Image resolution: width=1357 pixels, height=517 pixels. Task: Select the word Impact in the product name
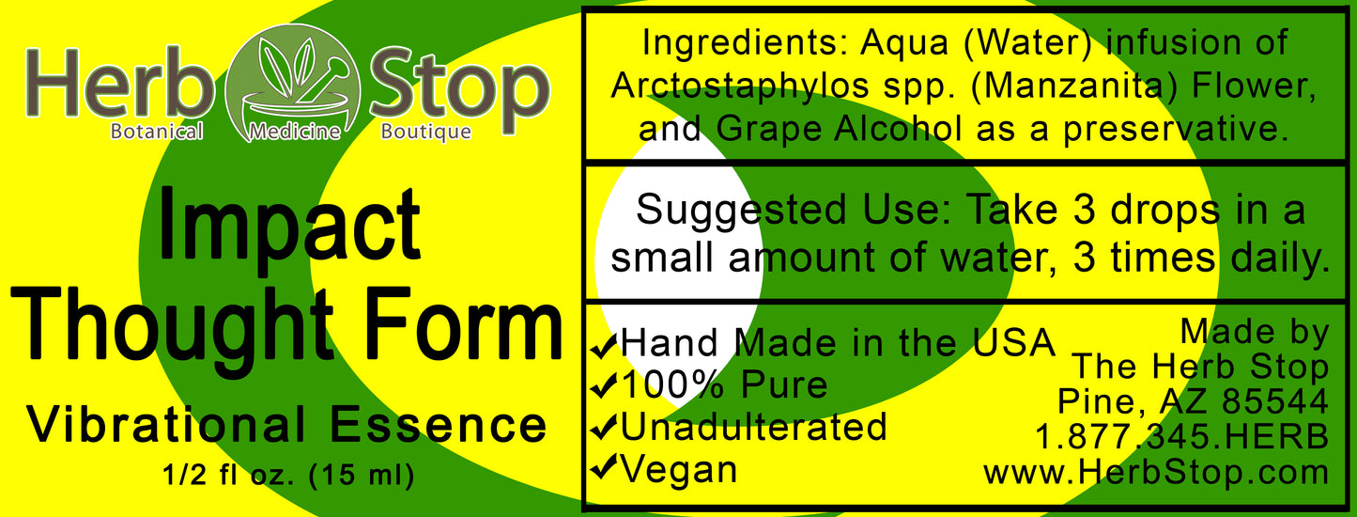coord(289,226)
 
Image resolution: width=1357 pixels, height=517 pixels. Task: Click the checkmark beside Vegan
coord(602,470)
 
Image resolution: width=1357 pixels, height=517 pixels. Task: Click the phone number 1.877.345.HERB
coord(1181,436)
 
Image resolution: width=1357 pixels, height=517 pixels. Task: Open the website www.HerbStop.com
coord(1156,472)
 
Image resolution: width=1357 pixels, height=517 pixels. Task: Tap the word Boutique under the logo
coord(425,133)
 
